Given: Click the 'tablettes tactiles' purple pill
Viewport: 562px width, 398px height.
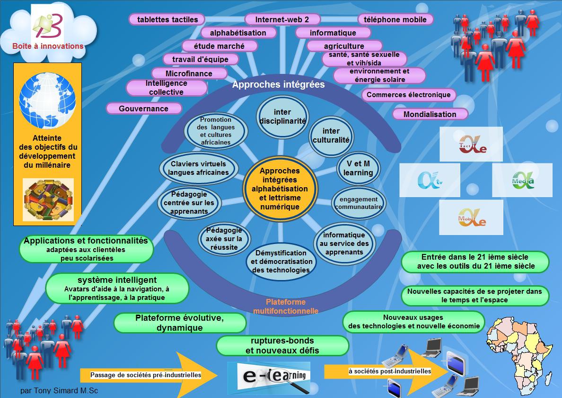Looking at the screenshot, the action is pyautogui.click(x=167, y=19).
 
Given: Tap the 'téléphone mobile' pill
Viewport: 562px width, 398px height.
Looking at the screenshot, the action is pyautogui.click(x=395, y=19).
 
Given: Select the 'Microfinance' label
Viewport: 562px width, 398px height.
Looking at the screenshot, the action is pyautogui.click(x=189, y=73).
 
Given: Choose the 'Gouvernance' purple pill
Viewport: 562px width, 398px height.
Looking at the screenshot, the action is pyautogui.click(x=144, y=109).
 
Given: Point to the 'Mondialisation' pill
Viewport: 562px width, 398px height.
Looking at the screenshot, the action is pyautogui.click(x=430, y=114).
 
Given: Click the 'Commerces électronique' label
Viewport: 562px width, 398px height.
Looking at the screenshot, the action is pyautogui.click(x=409, y=95).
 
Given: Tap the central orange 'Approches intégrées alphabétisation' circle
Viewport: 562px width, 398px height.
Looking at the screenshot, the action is pyautogui.click(x=280, y=189).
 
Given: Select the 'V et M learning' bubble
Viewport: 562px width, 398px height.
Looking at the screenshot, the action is pyautogui.click(x=358, y=168).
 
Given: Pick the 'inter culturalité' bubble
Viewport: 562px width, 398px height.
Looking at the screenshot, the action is pyautogui.click(x=331, y=136).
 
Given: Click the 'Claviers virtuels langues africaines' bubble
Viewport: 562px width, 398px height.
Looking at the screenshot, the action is pyautogui.click(x=199, y=168).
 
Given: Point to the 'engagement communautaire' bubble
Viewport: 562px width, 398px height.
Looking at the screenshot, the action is pyautogui.click(x=359, y=203).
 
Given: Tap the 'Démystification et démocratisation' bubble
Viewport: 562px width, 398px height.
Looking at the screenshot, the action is pyautogui.click(x=281, y=262).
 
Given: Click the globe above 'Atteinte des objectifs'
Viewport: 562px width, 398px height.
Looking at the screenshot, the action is pyautogui.click(x=47, y=100).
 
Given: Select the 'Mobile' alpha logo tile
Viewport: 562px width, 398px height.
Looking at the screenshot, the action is pyautogui.click(x=471, y=217).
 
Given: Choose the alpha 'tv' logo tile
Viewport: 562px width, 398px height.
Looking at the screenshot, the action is pyautogui.click(x=430, y=180).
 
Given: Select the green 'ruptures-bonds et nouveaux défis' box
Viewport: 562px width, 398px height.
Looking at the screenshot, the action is pyautogui.click(x=282, y=345).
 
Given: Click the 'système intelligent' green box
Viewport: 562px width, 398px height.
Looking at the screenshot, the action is pyautogui.click(x=117, y=289).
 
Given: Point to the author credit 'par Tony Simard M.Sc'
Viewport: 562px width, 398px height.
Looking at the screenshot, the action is pyautogui.click(x=59, y=390).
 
